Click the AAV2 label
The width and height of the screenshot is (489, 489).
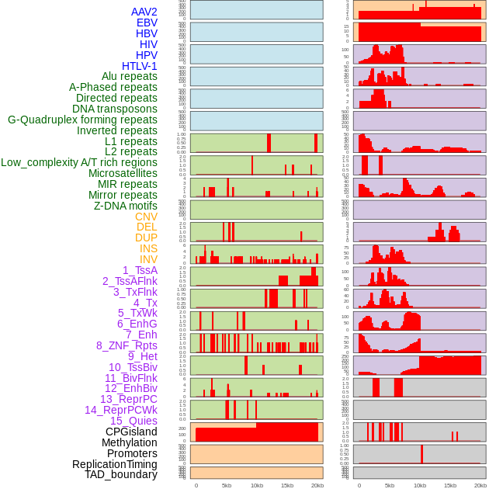click(144, 12)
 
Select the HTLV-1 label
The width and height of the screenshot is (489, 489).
click(139, 66)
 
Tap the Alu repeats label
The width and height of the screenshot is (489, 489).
click(129, 76)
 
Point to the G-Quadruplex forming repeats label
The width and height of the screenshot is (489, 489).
click(82, 120)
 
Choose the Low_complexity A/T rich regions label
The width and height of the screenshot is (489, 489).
click(79, 162)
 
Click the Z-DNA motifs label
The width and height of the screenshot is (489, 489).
click(125, 206)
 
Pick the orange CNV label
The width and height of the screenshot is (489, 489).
click(146, 217)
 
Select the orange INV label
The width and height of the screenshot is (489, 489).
click(148, 259)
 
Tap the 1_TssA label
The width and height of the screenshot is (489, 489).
click(140, 270)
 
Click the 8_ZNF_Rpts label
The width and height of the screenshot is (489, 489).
click(127, 345)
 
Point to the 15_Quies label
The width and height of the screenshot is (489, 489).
click(134, 421)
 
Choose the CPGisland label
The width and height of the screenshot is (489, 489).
click(131, 432)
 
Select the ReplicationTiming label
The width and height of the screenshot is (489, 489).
click(115, 464)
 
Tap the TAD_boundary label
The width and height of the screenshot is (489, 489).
click(121, 474)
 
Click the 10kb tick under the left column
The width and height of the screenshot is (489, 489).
click(256, 485)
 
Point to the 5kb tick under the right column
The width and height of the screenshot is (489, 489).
click(390, 485)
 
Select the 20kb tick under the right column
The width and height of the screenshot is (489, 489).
click(480, 485)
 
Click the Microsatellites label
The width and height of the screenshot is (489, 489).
click(123, 173)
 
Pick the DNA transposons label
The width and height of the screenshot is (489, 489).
click(115, 109)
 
